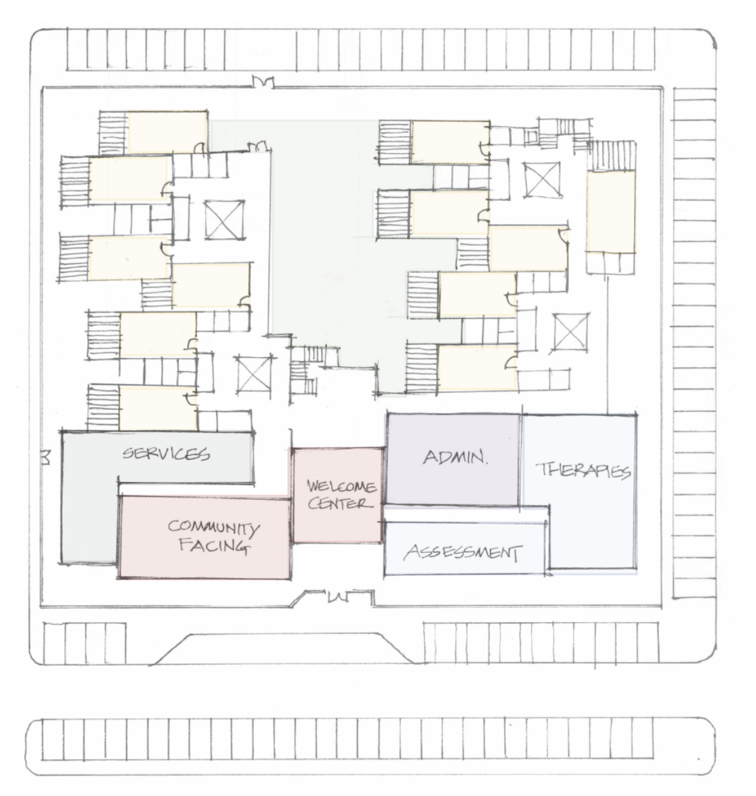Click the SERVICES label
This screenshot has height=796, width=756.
coord(166,453)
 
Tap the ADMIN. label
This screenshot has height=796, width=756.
coord(455,458)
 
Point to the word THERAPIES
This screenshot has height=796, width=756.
coord(583,471)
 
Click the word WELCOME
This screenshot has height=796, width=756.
coord(341,485)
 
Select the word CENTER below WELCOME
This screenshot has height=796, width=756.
coord(340,503)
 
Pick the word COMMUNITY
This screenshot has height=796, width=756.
coord(213,527)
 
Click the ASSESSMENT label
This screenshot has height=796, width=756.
coord(463,552)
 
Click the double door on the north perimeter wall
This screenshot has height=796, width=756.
coord(263,81)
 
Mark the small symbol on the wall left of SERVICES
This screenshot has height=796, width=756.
coord(46,458)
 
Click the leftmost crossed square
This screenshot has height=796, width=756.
coord(224,219)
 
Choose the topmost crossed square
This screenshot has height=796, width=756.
coord(541,179)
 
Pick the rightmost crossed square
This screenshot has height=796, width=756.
coord(570,331)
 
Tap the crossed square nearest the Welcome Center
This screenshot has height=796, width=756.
coord(254,374)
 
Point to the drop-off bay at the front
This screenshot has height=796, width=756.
coord(283,648)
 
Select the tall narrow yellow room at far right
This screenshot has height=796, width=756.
coord(611,211)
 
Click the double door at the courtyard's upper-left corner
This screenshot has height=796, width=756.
coord(257,146)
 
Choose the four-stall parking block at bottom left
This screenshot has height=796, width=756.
coord(85,643)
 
